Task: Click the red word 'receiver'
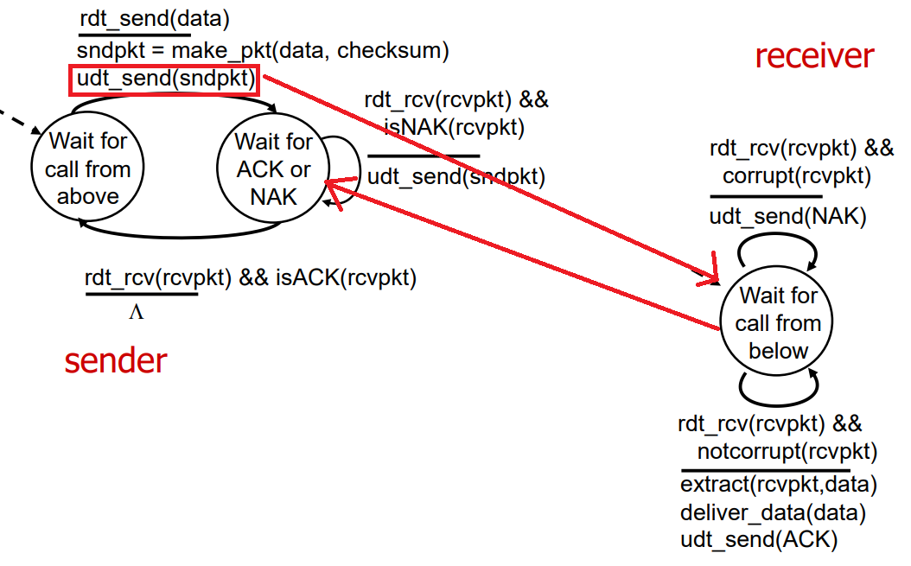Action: pyautogui.click(x=814, y=56)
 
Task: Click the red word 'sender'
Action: pyautogui.click(x=115, y=360)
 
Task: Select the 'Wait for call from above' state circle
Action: pyautogui.click(x=87, y=168)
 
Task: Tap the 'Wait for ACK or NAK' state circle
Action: pyautogui.click(x=273, y=169)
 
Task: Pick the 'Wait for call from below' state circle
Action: pyautogui.click(x=778, y=323)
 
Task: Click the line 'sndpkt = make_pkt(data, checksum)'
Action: pyautogui.click(x=263, y=50)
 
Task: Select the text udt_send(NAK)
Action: pyautogui.click(x=787, y=216)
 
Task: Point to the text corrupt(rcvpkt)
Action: pyautogui.click(x=796, y=175)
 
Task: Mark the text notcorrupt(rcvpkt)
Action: pyautogui.click(x=787, y=452)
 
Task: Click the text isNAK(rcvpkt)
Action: pyautogui.click(x=454, y=128)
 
